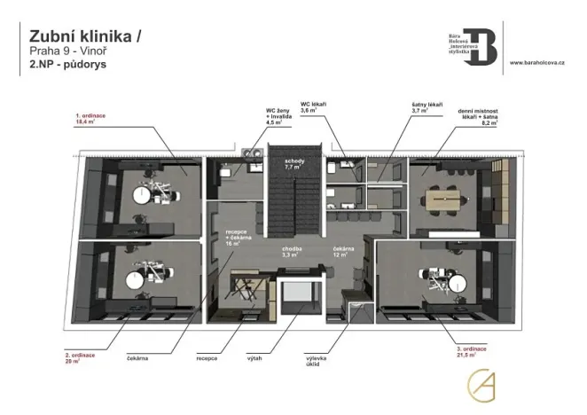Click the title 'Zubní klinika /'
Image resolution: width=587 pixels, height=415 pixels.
pyautogui.click(x=84, y=36)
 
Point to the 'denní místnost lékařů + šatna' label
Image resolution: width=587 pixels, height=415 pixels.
pyautogui.click(x=477, y=117)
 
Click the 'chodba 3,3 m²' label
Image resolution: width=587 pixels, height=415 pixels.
pyautogui.click(x=293, y=252)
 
